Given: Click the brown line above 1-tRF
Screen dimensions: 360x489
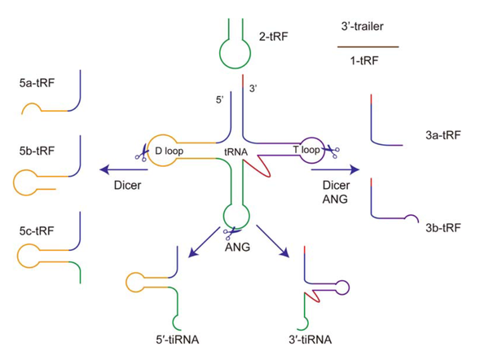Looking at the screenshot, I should [x=368, y=47].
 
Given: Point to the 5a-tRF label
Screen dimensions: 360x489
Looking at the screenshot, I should [x=36, y=83].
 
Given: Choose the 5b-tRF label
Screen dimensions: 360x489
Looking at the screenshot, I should [x=36, y=151].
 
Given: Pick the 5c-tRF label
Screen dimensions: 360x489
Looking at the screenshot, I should [x=36, y=231].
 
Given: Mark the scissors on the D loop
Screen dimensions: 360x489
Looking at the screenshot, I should [x=141, y=152].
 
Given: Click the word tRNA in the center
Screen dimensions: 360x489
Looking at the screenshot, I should [x=237, y=150].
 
